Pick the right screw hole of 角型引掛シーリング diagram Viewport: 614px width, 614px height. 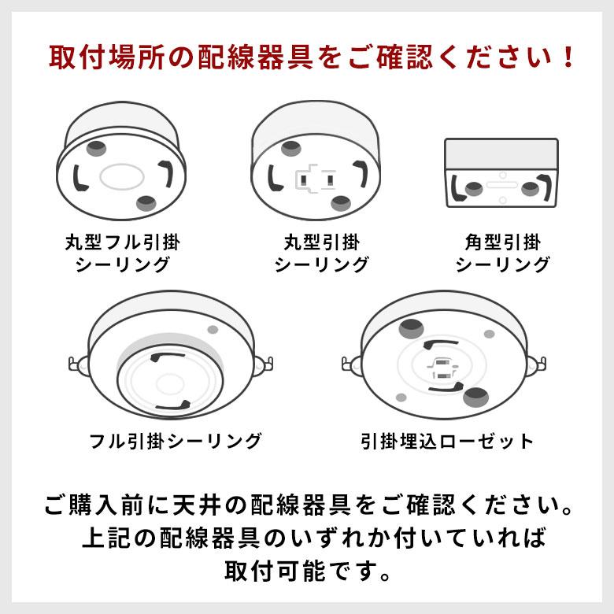(x=531, y=188)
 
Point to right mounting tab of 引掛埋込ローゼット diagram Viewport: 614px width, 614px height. (x=540, y=364)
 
